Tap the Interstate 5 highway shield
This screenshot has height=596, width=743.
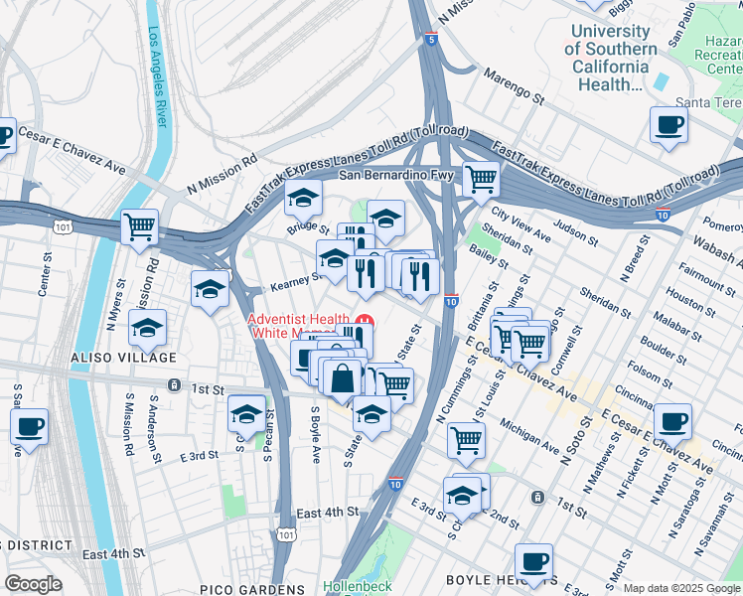429,39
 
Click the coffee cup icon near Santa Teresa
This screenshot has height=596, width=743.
668,126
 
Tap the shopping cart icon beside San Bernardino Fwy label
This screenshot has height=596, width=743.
481,180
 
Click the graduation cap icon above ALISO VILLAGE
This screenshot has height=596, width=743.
148,327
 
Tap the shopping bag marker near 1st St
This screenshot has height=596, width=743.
343,379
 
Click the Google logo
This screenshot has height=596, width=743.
33,584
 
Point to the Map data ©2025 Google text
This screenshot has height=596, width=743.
681,588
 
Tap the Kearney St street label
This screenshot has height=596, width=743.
294,283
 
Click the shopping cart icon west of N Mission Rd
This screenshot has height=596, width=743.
139,226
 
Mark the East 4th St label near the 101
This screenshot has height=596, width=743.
327,512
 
